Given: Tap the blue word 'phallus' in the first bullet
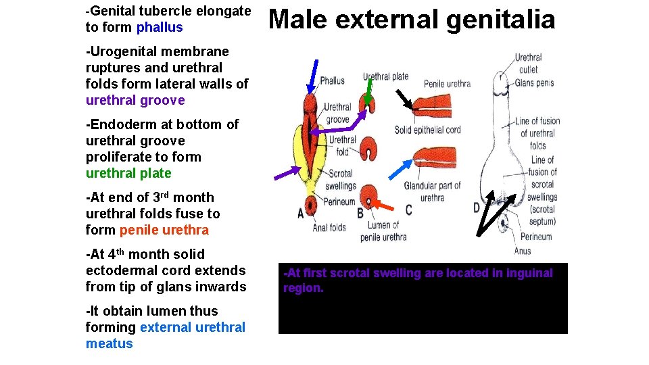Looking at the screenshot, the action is (x=160, y=28).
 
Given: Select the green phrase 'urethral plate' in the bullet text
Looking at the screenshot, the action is (x=128, y=174).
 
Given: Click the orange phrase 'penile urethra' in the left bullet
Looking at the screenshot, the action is (x=164, y=230).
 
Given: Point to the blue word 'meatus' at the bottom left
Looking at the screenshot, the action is (x=110, y=344).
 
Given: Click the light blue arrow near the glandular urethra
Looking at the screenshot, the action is (x=403, y=172).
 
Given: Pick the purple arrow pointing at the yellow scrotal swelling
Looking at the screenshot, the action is (x=288, y=173).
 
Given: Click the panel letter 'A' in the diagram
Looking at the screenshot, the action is (x=301, y=214).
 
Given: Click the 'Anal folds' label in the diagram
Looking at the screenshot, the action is (x=329, y=228).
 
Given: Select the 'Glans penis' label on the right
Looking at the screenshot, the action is (x=534, y=82).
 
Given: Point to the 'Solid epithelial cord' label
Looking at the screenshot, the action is (x=427, y=130).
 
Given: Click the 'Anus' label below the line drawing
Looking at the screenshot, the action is (x=523, y=251).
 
